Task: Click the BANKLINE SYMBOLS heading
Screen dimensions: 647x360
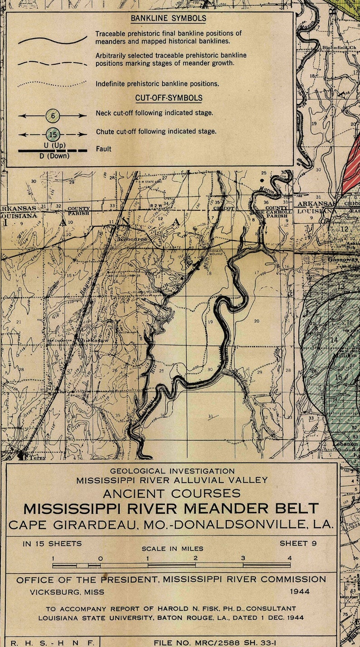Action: [168, 19]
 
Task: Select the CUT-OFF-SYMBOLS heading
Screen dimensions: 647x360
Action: [169, 98]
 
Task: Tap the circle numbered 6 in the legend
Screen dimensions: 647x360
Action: [53, 116]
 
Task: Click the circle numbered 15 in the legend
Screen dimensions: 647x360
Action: [53, 135]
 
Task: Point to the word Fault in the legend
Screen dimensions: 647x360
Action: [103, 149]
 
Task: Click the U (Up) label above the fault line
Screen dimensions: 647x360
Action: [53, 145]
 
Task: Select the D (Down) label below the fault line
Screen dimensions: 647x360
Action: [53, 156]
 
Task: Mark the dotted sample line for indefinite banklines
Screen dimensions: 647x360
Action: [52, 84]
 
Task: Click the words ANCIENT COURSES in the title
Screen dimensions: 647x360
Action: [171, 493]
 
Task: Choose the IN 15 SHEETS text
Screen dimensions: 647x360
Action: [52, 543]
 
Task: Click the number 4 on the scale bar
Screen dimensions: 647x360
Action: [290, 558]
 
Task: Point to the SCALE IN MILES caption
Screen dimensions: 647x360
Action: [172, 549]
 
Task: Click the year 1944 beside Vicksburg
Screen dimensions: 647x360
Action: [300, 592]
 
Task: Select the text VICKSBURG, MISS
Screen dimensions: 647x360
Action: [67, 592]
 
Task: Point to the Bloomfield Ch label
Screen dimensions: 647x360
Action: [340, 48]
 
